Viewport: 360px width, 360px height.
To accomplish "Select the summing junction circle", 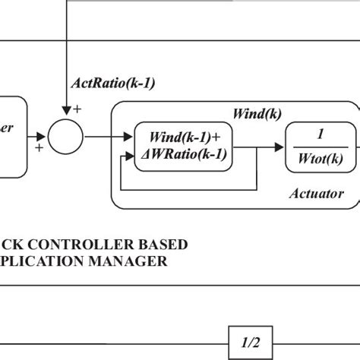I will (67, 137).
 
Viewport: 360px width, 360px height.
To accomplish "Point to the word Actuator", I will (317, 194).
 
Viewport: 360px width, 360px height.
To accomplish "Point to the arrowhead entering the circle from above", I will (67, 116).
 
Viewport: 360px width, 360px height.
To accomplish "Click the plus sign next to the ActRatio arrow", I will (77, 110).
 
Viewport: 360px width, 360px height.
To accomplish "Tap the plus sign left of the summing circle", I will (37, 149).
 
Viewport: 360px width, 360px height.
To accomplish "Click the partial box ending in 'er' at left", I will (15, 137).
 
